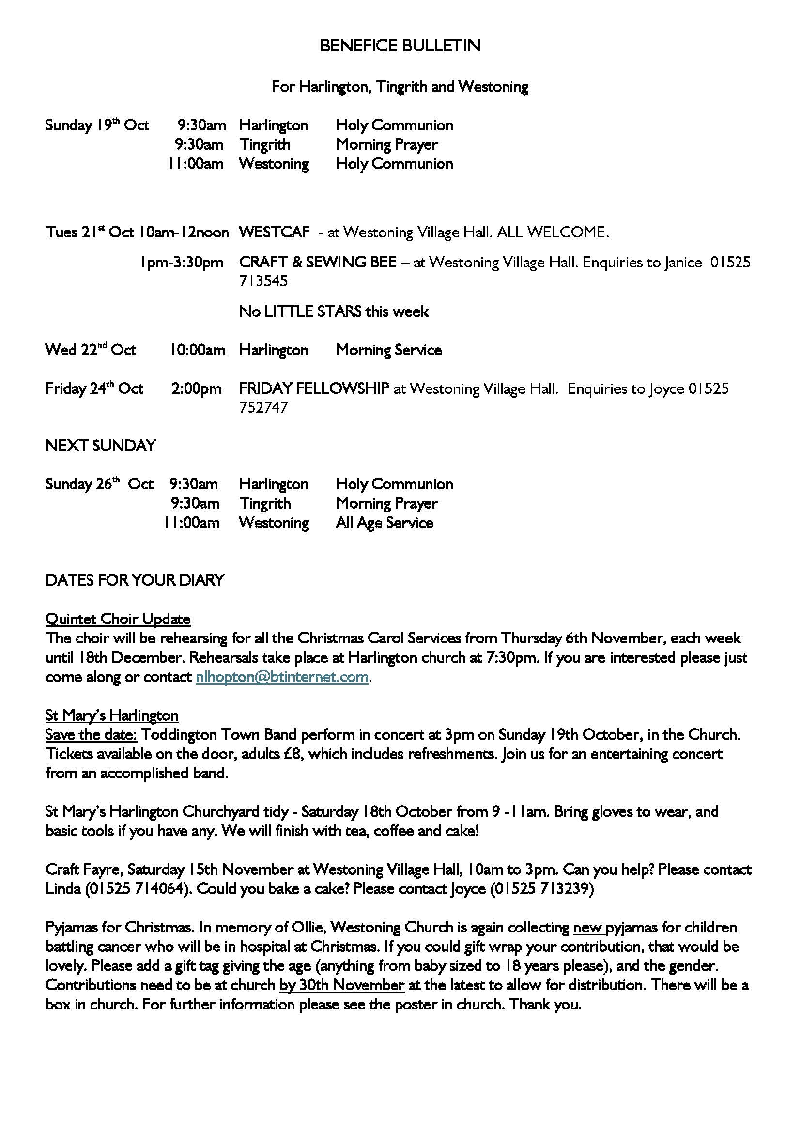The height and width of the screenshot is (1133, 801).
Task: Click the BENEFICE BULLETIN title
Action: [400, 46]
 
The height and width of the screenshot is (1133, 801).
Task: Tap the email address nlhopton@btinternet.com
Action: [282, 677]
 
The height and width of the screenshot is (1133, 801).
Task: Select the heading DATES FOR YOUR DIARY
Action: [135, 580]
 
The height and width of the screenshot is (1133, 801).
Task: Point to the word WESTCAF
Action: [274, 232]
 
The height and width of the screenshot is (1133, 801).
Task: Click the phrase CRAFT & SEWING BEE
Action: [318, 262]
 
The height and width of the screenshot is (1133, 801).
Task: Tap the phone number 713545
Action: [263, 281]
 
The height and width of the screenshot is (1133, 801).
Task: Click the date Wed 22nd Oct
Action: [91, 350]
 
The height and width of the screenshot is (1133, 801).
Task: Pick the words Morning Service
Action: [389, 350]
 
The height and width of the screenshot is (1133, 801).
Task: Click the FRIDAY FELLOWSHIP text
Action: [314, 389]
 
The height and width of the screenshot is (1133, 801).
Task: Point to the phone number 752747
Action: [263, 407]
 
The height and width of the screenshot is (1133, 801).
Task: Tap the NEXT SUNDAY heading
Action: [101, 446]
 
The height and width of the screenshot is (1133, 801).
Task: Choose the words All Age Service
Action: [384, 523]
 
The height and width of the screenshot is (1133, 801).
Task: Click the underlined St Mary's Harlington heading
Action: [112, 715]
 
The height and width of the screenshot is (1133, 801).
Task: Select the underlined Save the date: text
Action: [91, 735]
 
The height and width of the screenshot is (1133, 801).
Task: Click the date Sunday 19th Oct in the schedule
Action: [97, 125]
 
